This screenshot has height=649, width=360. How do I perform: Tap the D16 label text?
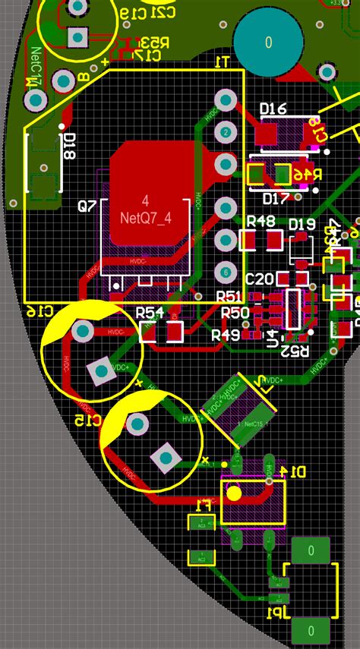pyautogui.click(x=273, y=109)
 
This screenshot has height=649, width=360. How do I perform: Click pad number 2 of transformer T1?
pyautogui.click(x=226, y=132)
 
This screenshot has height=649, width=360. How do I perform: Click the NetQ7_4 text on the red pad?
pyautogui.click(x=146, y=218)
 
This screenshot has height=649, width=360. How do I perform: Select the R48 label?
pyautogui.click(x=261, y=222)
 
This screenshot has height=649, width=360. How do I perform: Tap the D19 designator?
pyautogui.click(x=302, y=224)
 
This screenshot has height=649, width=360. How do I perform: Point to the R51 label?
pyautogui.click(x=229, y=297)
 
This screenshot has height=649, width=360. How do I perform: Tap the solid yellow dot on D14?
pyautogui.click(x=234, y=493)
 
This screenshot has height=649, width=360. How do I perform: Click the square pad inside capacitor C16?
pyautogui.click(x=99, y=370)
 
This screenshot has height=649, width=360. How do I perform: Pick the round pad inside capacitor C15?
pyautogui.click(x=137, y=424)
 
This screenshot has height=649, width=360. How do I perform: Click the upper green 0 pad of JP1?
pyautogui.click(x=310, y=550)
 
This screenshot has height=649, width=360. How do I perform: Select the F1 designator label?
pyautogui.click(x=204, y=504)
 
